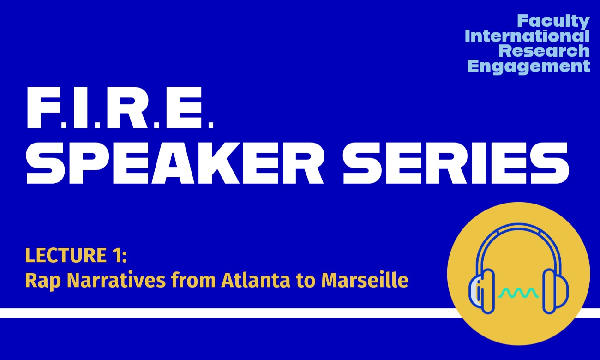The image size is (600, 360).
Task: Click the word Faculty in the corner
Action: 554,21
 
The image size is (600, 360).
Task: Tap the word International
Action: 528,36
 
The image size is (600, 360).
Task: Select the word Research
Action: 544,51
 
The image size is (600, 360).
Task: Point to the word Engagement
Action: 528,66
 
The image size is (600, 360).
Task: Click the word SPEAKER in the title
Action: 174,163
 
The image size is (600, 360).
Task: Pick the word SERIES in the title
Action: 456,163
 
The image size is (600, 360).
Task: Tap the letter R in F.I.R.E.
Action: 131,108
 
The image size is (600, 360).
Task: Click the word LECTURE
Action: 66,255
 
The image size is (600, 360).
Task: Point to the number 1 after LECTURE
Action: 115,255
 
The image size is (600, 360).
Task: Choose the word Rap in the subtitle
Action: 43,281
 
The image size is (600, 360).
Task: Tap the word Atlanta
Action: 256,280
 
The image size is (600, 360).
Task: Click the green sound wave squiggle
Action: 518,293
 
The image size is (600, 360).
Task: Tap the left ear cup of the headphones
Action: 481,291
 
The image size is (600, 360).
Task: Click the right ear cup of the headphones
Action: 555,291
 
